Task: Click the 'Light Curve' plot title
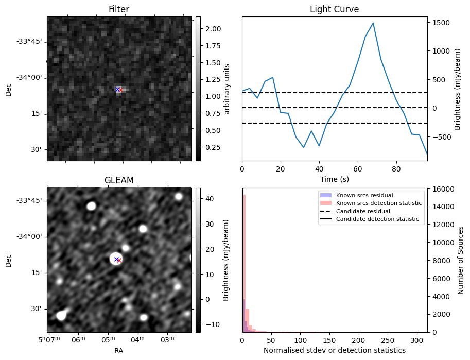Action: coord(334,9)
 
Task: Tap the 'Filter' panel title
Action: coord(118,9)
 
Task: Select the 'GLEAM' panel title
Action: coord(118,180)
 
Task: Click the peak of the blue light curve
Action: coord(373,23)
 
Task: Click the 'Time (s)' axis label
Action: coord(334,179)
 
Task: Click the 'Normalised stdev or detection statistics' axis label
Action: coord(334,350)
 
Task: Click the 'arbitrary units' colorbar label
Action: coord(228,89)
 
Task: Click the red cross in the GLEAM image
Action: coord(119,261)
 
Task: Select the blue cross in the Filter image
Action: coord(117,90)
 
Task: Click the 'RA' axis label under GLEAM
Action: coord(118,351)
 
